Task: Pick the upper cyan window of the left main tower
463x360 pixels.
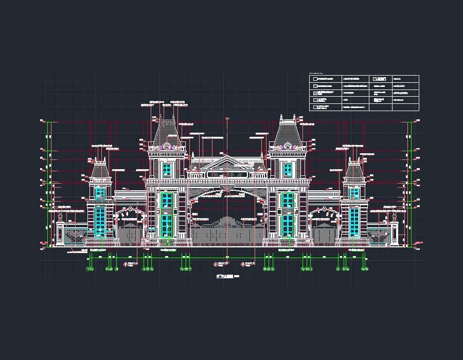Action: tap(167, 170)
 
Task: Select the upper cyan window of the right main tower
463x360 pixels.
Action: tap(288, 170)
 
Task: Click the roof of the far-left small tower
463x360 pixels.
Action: tap(100, 169)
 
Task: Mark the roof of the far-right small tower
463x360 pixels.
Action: tap(354, 169)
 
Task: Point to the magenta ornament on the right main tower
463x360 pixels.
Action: tap(288, 147)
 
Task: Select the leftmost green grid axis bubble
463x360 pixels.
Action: tap(88, 269)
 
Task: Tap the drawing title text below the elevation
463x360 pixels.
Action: tap(225, 277)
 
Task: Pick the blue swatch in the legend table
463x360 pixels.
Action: tap(315, 107)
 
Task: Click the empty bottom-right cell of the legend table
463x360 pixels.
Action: tap(405, 107)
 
